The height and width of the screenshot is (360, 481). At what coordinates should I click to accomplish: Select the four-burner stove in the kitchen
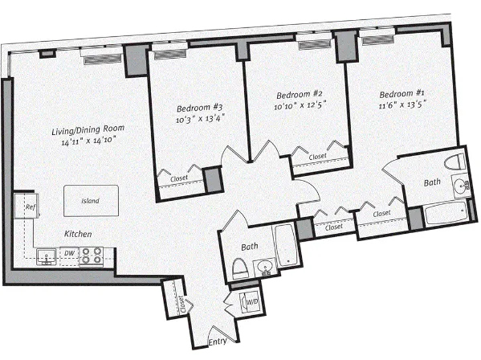tap(92, 256)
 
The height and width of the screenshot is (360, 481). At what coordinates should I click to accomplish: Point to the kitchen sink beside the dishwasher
tap(45, 256)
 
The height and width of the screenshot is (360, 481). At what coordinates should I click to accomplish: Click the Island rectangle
tap(90, 200)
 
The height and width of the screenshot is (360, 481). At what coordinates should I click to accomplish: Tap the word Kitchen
tap(78, 234)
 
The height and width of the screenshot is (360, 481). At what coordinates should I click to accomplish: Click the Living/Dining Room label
tap(88, 129)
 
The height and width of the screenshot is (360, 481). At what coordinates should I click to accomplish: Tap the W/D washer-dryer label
tap(251, 301)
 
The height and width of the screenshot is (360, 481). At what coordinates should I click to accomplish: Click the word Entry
tap(218, 342)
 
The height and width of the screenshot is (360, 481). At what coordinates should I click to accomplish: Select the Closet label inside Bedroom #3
tap(181, 178)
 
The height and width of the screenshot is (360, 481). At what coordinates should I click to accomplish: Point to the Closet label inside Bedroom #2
tap(318, 157)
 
